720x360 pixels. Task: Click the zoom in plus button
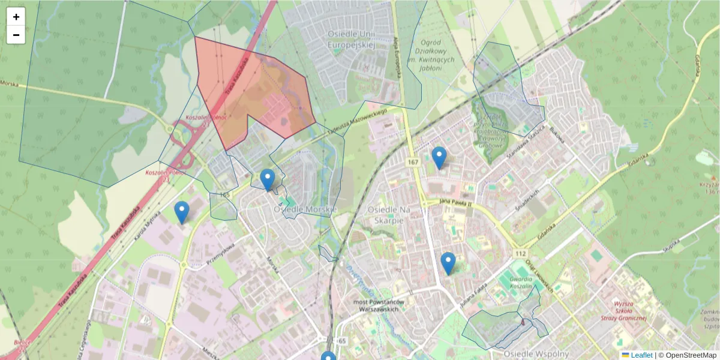[16, 17]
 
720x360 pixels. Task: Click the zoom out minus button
[16, 35]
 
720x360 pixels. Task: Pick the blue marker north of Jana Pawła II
[439, 157]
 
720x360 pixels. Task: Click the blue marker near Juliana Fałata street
[448, 263]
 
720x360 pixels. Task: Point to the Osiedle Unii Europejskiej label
[352, 39]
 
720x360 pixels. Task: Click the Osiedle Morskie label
[305, 209]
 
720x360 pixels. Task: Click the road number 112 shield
[520, 254]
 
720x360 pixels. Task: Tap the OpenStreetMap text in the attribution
[692, 355]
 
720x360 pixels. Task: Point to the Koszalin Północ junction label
[206, 118]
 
